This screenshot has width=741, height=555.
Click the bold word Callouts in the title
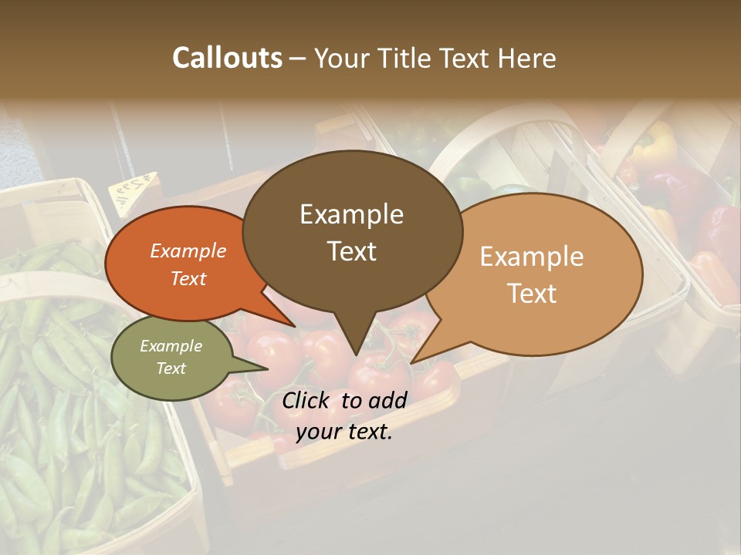click(x=227, y=58)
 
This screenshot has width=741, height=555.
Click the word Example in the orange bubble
click(x=188, y=251)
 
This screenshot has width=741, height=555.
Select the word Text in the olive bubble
click(x=171, y=368)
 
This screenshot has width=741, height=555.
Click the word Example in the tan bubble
click(x=532, y=257)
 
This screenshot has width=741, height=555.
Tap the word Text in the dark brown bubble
click(x=352, y=251)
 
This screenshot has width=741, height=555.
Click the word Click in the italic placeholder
click(x=305, y=400)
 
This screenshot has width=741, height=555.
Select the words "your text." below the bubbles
click(x=344, y=432)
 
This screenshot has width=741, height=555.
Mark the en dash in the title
click(x=299, y=59)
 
